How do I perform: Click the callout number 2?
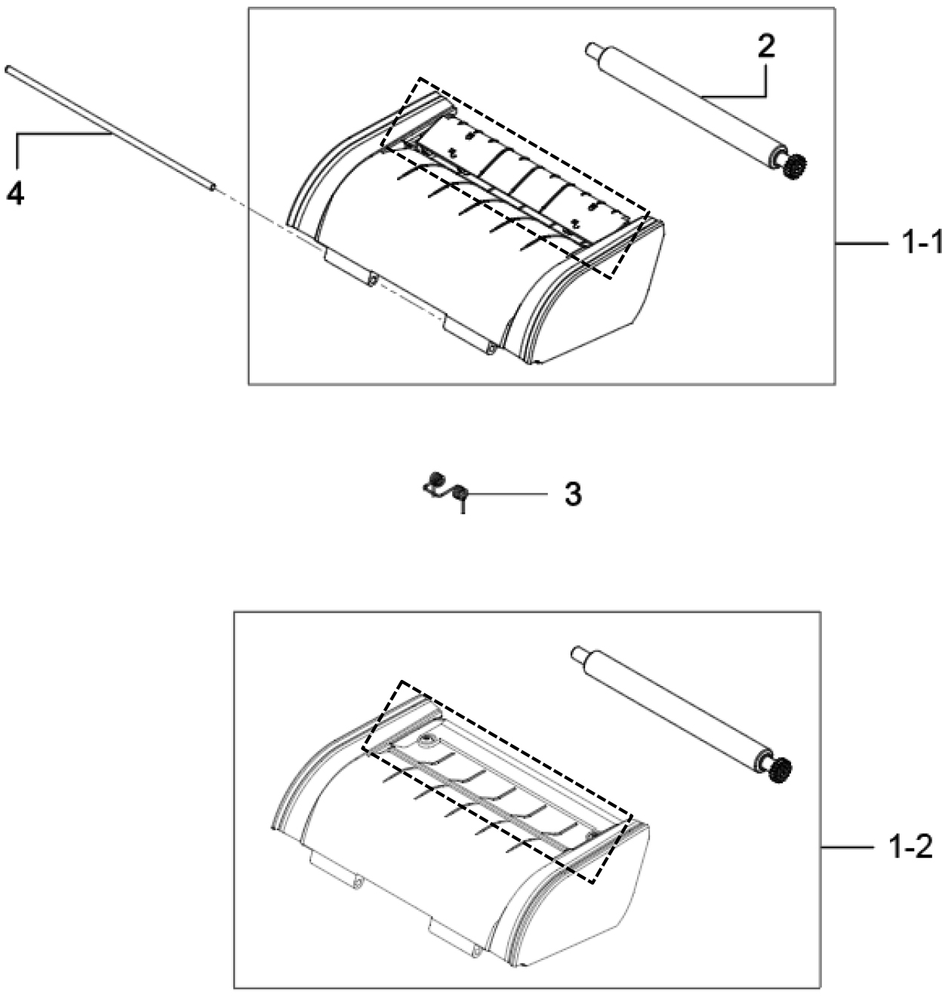coord(765,48)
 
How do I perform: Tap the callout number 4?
coord(15,195)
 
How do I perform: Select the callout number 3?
coord(573,494)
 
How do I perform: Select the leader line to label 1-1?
coord(862,245)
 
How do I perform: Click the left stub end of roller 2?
coord(591,50)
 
